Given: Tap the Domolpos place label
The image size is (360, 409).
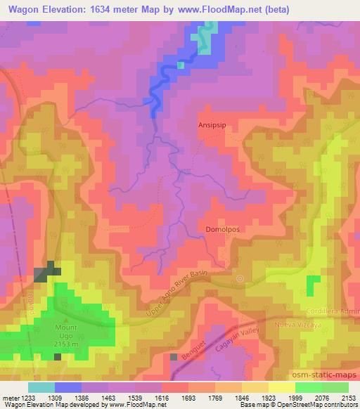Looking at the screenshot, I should (x=222, y=230).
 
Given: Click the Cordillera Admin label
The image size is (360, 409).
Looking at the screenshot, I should (x=333, y=311).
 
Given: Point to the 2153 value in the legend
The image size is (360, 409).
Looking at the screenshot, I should (x=348, y=397).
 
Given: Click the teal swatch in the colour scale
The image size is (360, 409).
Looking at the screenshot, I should (x=41, y=387).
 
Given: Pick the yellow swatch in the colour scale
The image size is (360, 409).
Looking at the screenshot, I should (x=281, y=387).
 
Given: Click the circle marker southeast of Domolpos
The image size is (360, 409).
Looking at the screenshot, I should (x=240, y=279).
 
